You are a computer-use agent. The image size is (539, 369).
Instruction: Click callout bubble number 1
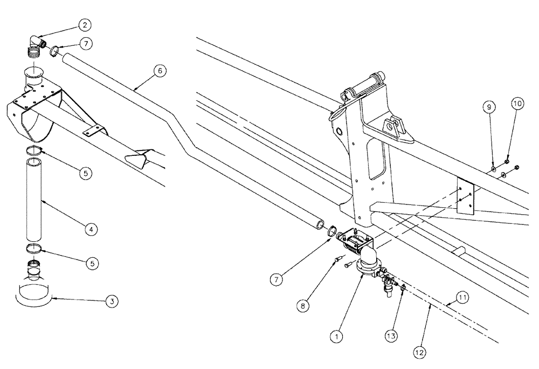(x=337, y=335)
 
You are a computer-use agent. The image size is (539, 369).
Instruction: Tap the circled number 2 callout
(x=85, y=24)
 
